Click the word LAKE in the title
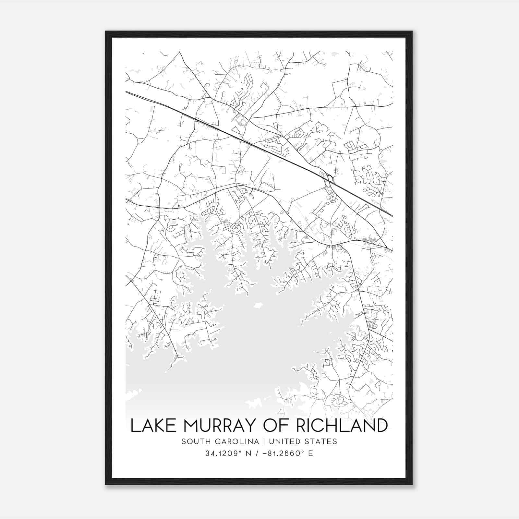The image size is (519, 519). pyautogui.click(x=149, y=426)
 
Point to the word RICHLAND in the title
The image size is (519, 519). pyautogui.click(x=342, y=426)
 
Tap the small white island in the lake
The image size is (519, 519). pyautogui.click(x=258, y=305)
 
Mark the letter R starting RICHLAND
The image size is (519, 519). pyautogui.click(x=302, y=426)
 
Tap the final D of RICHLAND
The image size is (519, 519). pyautogui.click(x=382, y=426)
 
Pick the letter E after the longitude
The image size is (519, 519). pyautogui.click(x=311, y=453)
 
